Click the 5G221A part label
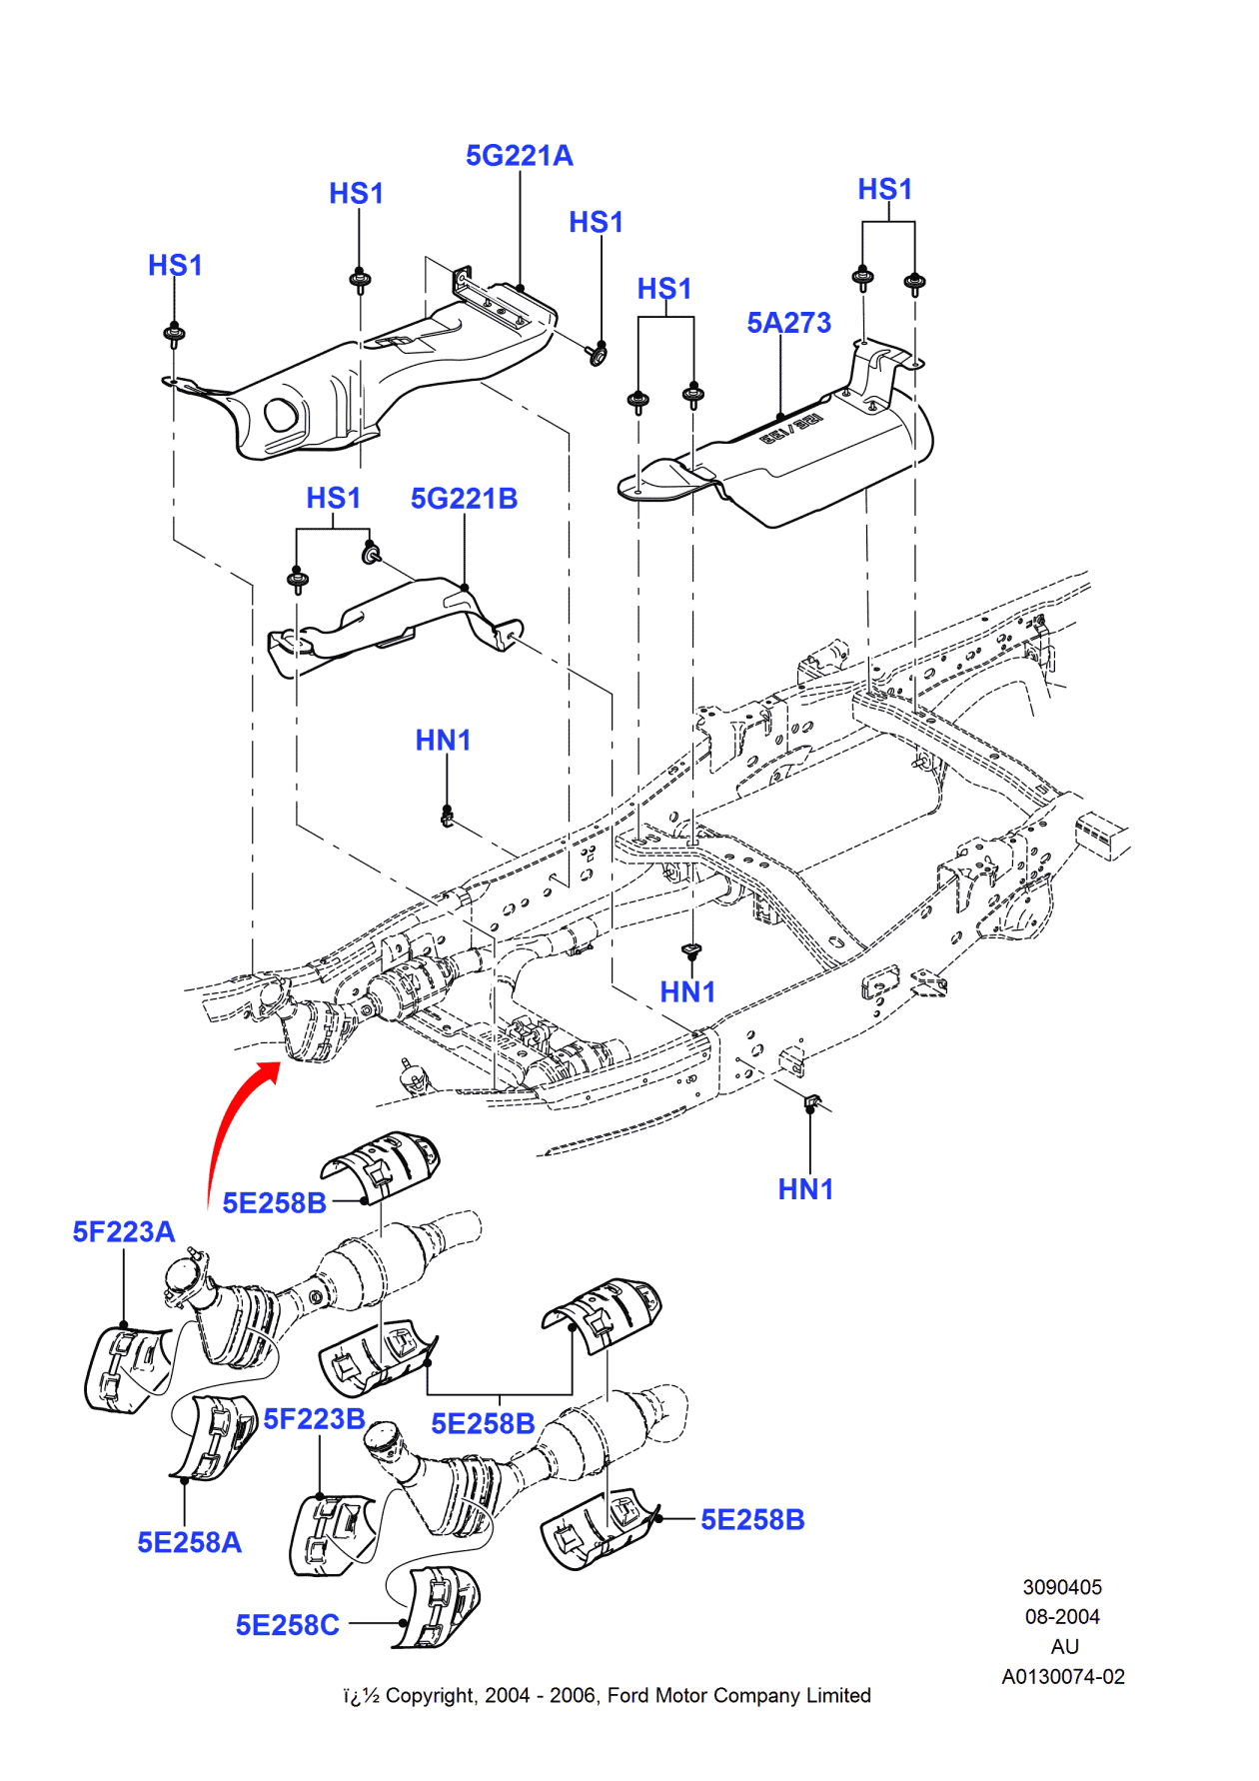pyautogui.click(x=519, y=156)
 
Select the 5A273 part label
pyautogui.click(x=788, y=323)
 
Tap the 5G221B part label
pyautogui.click(x=464, y=499)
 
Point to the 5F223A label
pyautogui.click(x=123, y=1232)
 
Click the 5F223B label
pyautogui.click(x=314, y=1419)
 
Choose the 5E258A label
pyautogui.click(x=189, y=1542)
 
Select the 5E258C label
pyautogui.click(x=287, y=1625)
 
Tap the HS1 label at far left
pyautogui.click(x=175, y=266)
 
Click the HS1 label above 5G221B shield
pyautogui.click(x=333, y=498)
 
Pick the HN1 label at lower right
pyautogui.click(x=805, y=1189)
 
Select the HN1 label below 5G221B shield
pyautogui.click(x=443, y=741)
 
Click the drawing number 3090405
pyautogui.click(x=1061, y=1587)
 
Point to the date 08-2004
pyautogui.click(x=1061, y=1617)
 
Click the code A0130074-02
pyautogui.click(x=1062, y=1677)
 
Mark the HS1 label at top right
pyautogui.click(x=884, y=190)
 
